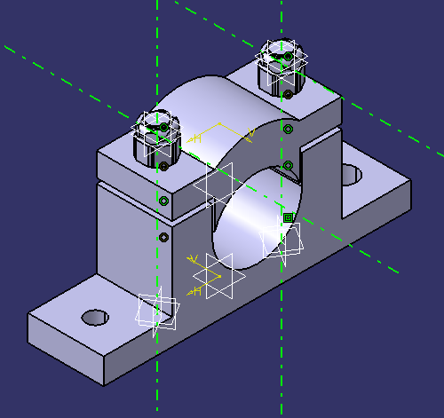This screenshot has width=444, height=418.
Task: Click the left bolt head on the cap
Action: (158, 142)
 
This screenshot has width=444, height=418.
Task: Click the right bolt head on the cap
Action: (281, 70)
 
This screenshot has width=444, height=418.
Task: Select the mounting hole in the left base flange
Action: (94, 317)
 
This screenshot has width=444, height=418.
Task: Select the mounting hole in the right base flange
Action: (352, 175)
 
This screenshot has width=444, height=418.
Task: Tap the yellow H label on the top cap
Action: (197, 138)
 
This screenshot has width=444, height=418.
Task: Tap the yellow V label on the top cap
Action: (251, 134)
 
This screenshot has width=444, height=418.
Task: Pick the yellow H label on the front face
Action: (197, 290)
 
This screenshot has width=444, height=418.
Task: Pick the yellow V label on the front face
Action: (191, 258)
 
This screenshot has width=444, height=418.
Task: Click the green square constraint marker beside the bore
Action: (288, 217)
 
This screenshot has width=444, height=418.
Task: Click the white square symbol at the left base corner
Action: (156, 310)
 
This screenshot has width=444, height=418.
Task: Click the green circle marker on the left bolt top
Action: (164, 127)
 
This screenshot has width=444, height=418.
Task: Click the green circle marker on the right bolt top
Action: (287, 55)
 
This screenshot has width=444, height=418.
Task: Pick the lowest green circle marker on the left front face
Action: (163, 238)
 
